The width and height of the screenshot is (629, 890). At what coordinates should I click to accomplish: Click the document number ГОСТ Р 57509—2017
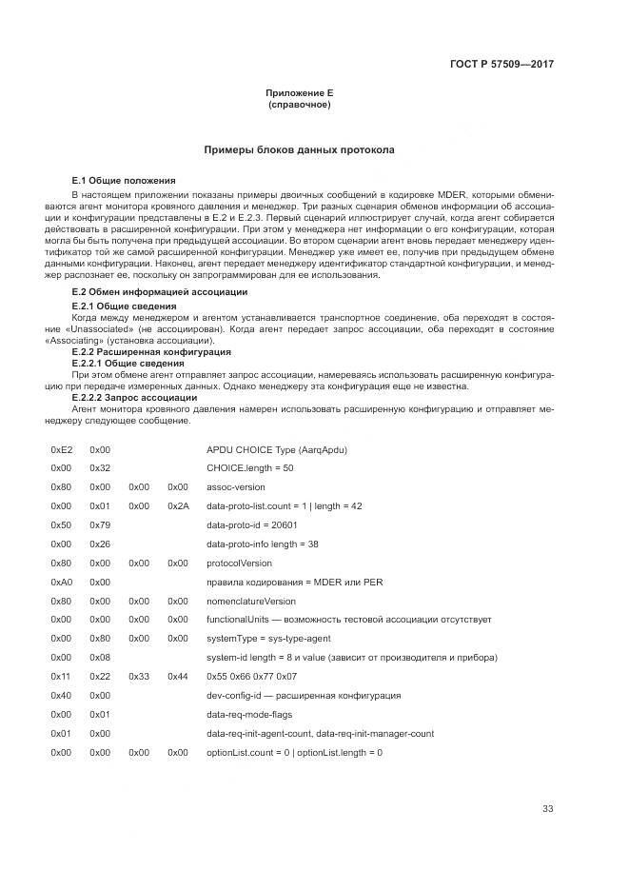click(x=501, y=65)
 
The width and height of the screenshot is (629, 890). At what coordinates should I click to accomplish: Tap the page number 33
click(x=547, y=809)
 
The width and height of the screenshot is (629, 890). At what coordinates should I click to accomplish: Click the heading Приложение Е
click(x=299, y=93)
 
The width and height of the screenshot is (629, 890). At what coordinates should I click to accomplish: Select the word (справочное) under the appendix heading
click(x=299, y=105)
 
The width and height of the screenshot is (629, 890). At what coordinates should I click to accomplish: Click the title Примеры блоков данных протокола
click(x=299, y=150)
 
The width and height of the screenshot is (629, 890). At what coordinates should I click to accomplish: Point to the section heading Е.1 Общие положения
click(x=124, y=180)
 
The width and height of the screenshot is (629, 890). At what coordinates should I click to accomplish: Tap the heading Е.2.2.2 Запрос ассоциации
click(x=135, y=398)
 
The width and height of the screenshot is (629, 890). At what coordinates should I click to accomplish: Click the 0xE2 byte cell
click(x=61, y=447)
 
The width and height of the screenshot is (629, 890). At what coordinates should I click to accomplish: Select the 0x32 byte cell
click(x=100, y=467)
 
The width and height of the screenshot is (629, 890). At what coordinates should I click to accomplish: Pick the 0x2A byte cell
click(x=178, y=505)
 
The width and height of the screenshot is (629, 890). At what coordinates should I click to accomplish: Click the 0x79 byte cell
click(x=100, y=524)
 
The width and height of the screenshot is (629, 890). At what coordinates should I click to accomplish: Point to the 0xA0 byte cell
click(x=61, y=582)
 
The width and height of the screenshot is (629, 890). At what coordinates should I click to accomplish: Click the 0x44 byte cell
click(x=178, y=677)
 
